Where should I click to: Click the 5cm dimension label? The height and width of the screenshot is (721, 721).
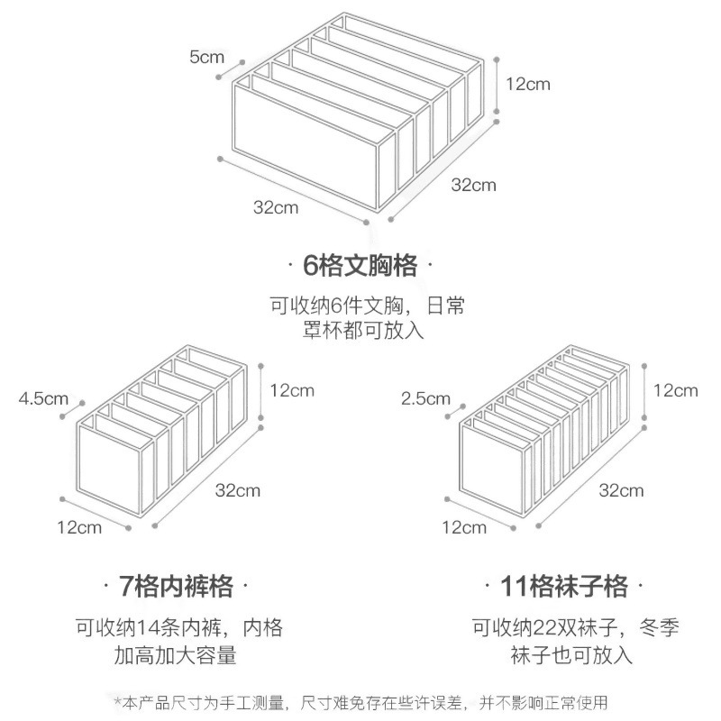206,57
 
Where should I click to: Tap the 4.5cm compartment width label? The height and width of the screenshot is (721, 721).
43,397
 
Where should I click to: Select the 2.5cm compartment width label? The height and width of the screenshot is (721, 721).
425,397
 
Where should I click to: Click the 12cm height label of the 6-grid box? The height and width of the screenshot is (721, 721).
527,84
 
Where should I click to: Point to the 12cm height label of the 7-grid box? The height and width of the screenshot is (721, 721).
291,391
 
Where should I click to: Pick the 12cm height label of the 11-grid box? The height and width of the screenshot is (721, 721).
675,391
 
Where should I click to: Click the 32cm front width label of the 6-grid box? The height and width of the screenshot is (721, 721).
275,207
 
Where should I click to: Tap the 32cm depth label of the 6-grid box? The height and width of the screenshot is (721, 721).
473,185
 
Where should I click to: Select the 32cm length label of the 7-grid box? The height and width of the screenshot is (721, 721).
238,490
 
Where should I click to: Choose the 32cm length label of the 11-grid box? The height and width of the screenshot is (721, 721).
621,490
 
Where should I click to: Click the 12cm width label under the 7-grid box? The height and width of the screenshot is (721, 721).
79,527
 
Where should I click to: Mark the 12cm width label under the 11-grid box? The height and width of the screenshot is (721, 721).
464,527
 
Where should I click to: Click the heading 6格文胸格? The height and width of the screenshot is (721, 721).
360,266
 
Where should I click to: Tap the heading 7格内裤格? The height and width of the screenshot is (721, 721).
176,588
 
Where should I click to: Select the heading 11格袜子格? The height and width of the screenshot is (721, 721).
564,588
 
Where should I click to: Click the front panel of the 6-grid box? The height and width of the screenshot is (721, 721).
306,140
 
